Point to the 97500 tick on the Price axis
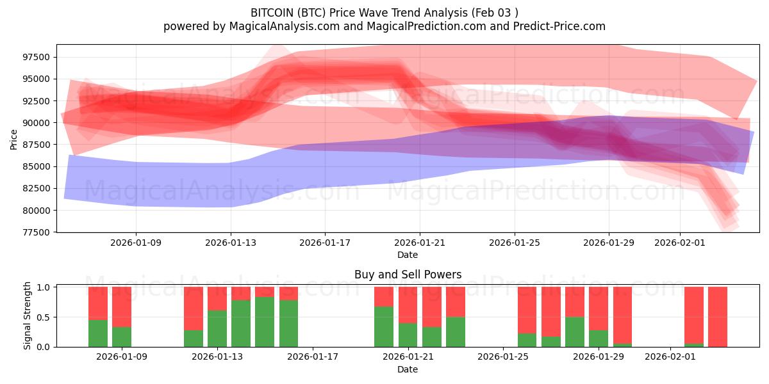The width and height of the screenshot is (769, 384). click(x=35, y=58)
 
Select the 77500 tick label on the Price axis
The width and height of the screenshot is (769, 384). click(x=35, y=232)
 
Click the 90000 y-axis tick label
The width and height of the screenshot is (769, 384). click(x=35, y=123)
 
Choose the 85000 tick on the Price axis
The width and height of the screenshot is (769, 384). click(x=35, y=166)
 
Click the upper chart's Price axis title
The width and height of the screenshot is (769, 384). click(x=13, y=138)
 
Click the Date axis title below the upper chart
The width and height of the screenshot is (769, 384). click(x=408, y=255)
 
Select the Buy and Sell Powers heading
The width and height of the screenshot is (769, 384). click(x=408, y=275)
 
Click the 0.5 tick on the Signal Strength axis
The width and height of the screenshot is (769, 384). click(x=43, y=317)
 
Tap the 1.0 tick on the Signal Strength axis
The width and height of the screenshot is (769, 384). click(x=43, y=287)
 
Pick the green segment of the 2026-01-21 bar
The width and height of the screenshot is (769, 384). click(x=408, y=335)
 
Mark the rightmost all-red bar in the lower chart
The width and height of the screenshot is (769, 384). click(x=717, y=317)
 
